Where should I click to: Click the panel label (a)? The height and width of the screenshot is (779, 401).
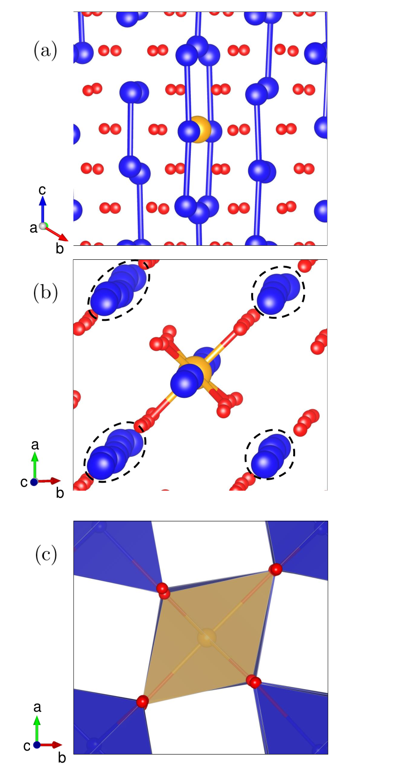45,51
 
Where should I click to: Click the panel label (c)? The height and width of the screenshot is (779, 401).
46,555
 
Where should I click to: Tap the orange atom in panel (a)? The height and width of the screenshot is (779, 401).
200,129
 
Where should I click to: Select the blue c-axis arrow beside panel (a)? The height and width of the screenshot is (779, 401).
42,210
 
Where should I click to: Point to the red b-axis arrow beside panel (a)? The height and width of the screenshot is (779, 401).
56,233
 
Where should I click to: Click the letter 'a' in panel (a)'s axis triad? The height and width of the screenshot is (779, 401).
33,228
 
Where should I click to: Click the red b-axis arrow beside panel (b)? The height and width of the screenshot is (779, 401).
49,481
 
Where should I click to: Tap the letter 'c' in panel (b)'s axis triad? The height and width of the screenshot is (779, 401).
23,482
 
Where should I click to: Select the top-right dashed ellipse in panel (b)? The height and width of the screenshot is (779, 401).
278,292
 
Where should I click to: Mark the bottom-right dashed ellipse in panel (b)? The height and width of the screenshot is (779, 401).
270,454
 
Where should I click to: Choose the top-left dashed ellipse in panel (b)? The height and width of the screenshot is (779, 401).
119,289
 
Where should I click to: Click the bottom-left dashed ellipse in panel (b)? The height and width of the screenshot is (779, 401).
115,452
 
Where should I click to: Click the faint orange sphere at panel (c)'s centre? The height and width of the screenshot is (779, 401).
207,638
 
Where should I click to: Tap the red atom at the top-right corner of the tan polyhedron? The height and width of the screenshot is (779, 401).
276,570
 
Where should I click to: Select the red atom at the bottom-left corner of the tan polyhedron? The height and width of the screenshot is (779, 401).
142,702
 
